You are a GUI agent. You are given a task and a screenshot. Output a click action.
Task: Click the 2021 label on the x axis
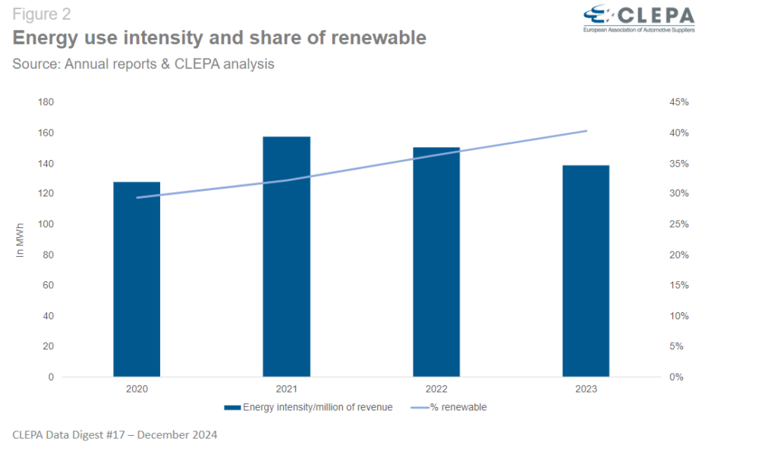[286, 389]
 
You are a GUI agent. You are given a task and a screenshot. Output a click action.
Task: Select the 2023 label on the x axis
[586, 389]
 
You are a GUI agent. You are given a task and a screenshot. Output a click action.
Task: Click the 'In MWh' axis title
[20, 240]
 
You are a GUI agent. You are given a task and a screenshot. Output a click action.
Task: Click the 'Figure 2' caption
[41, 14]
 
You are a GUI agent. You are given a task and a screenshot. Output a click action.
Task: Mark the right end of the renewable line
[587, 131]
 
